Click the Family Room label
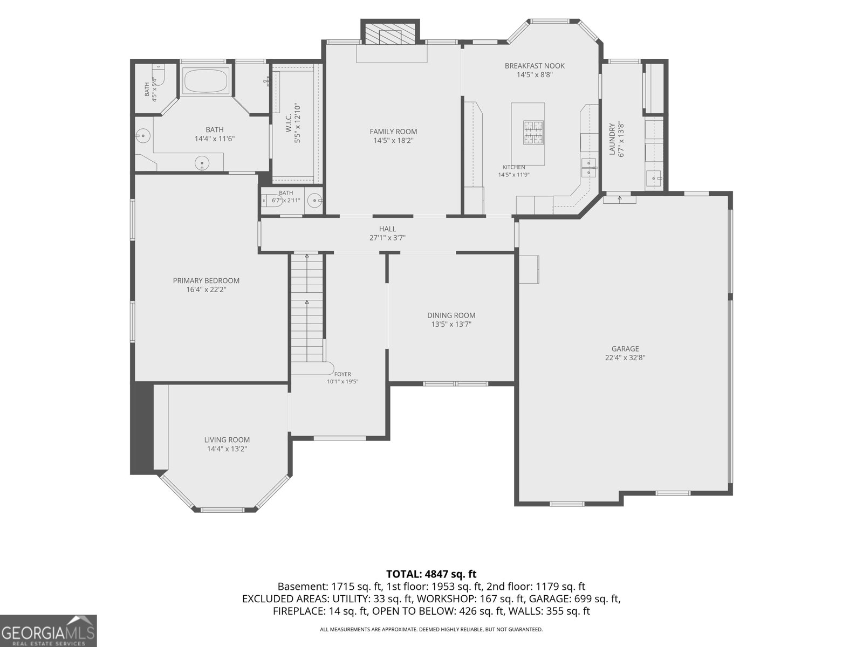[393, 132]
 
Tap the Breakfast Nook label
[535, 66]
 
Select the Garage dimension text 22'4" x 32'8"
[625, 358]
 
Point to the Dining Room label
[451, 315]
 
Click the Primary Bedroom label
[206, 281]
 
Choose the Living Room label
[227, 440]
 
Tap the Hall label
[387, 229]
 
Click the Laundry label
[612, 139]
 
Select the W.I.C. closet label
[289, 123]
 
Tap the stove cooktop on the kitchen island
[533, 133]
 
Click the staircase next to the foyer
[307, 307]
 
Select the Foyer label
[343, 374]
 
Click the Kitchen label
[513, 167]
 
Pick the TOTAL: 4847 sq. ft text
[432, 574]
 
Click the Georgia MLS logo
[48, 631]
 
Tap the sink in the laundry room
[654, 178]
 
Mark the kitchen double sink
[589, 168]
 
